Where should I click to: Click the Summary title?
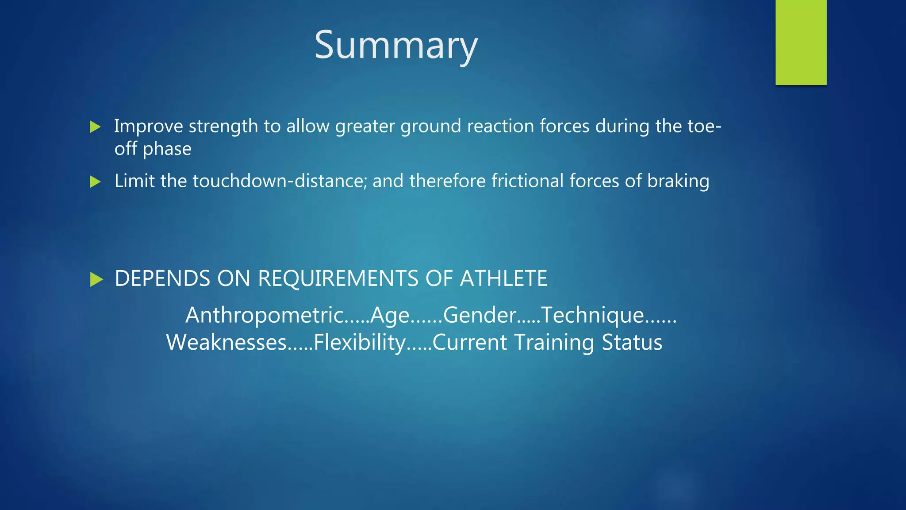(x=396, y=46)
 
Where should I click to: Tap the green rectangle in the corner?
(x=801, y=42)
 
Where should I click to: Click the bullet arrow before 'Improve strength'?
(x=95, y=127)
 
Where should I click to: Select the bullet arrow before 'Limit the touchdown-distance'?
(x=95, y=182)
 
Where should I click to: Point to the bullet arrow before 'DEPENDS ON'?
(x=96, y=279)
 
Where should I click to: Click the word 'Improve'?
(x=149, y=127)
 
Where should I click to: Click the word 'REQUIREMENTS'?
(x=338, y=279)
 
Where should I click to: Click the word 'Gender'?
(x=480, y=315)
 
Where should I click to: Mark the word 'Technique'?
(x=593, y=315)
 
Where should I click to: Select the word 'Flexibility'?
(x=360, y=343)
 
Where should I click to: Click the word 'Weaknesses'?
(x=226, y=343)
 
